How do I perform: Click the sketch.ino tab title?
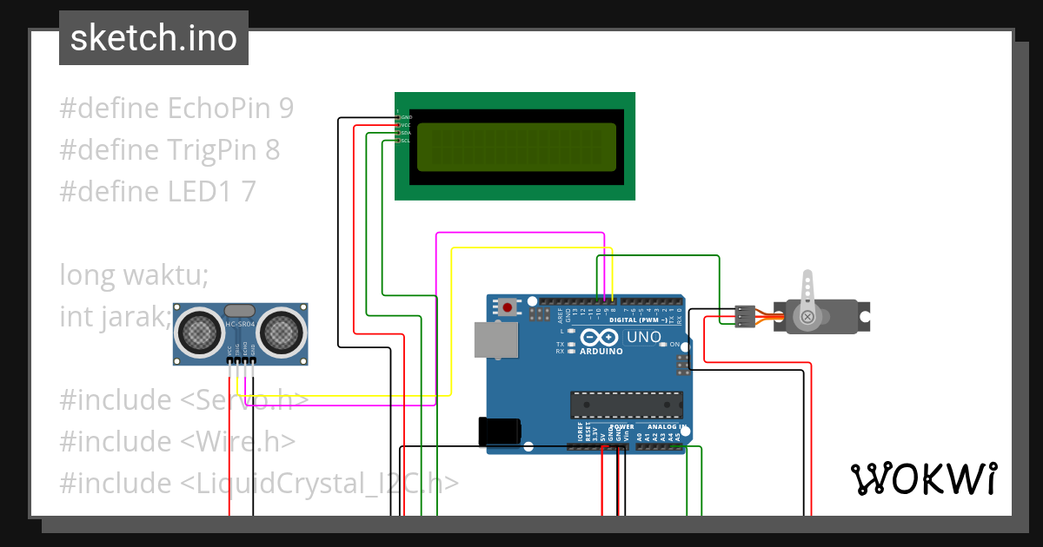[154, 38]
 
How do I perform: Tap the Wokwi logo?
[923, 478]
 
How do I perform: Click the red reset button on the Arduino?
[507, 307]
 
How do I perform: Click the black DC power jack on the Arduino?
[500, 432]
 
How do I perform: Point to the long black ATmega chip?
[626, 405]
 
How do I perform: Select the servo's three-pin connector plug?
[744, 317]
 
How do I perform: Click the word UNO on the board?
[644, 337]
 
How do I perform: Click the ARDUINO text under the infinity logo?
[601, 352]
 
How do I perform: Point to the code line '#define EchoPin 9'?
[176, 109]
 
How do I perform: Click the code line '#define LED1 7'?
[157, 192]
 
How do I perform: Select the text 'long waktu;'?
[134, 275]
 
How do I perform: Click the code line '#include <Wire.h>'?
[177, 442]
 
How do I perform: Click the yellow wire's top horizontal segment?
[531, 248]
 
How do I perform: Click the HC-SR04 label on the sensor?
[240, 325]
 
